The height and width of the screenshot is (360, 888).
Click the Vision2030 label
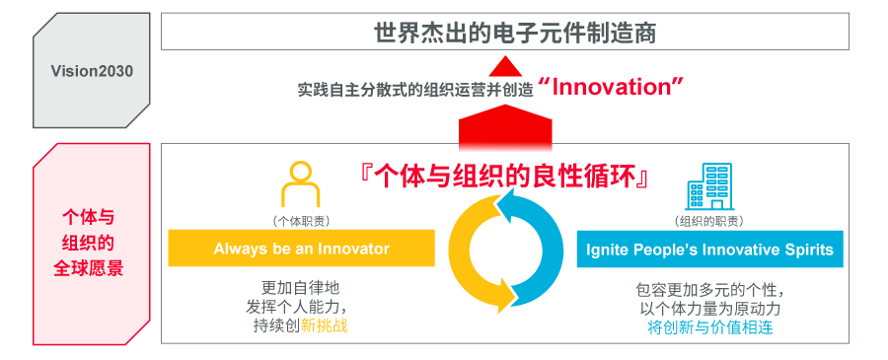[92, 71]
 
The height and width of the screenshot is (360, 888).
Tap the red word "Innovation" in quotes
[612, 87]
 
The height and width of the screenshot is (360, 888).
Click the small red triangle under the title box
[504, 66]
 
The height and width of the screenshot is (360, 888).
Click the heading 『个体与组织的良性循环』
[504, 177]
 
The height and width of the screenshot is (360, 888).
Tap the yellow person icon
[301, 184]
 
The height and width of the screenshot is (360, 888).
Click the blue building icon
[708, 184]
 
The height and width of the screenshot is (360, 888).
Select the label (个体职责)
[301, 221]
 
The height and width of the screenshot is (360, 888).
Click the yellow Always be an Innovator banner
[301, 249]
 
